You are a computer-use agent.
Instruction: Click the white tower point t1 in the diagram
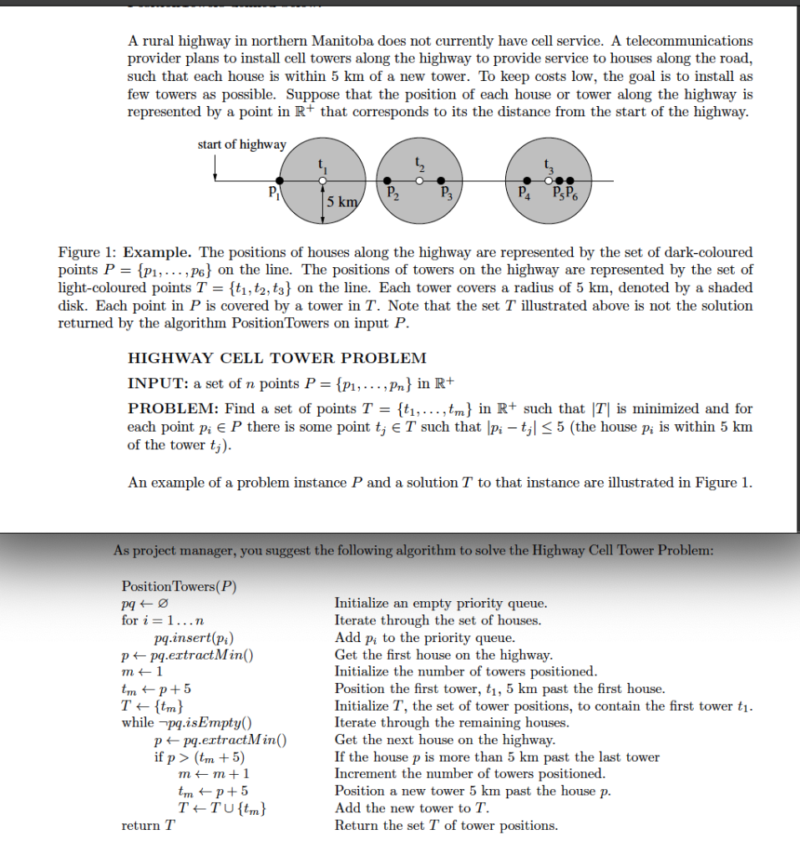322,180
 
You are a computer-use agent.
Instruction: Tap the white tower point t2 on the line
422,180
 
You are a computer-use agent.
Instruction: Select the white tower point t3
548,180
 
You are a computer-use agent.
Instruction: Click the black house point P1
279,180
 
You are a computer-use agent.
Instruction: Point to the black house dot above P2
386,180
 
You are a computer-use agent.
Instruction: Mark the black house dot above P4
526,180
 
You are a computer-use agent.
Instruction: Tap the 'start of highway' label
241,144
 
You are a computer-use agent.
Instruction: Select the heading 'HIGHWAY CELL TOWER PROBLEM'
276,358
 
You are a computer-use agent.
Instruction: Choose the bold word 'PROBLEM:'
170,408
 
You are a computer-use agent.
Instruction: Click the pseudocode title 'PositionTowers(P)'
179,585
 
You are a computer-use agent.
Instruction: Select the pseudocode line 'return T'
148,826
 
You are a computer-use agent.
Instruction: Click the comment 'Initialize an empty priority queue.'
441,603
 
